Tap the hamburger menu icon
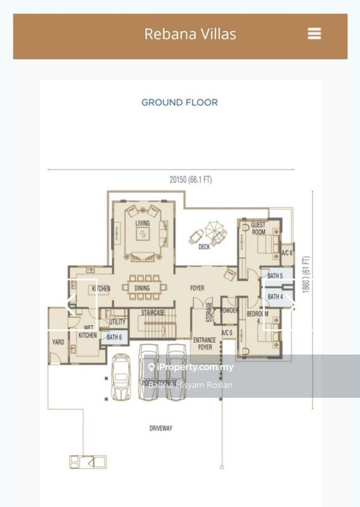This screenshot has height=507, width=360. coord(314,34)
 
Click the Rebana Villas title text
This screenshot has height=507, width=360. coord(190,34)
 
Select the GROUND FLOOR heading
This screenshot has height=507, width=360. coord(179,102)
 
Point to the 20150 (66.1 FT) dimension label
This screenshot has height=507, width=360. coord(190,180)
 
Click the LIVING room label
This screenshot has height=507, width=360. coord(143,223)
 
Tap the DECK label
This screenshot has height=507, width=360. coord(204,247)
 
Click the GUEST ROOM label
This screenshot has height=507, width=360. coord(259,229)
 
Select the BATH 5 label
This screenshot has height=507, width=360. coord(274,276)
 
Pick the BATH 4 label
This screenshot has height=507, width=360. coord(274,297)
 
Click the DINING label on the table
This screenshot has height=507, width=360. coord(142,289)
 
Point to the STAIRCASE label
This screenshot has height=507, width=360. coord(152,312)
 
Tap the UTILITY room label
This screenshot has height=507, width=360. coord(117,322)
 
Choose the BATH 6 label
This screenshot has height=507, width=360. coord(114,337)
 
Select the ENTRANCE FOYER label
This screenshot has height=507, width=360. coord(204,343)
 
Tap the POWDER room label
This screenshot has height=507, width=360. coord(229,311)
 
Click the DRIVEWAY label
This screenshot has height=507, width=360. coord(161,428)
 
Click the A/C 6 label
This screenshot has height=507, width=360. coord(286,253)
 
